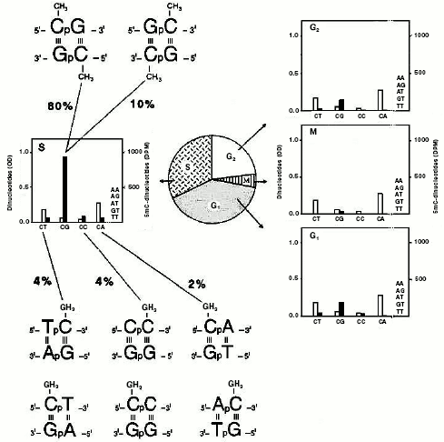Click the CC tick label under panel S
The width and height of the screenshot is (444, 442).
click(x=83, y=227)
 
